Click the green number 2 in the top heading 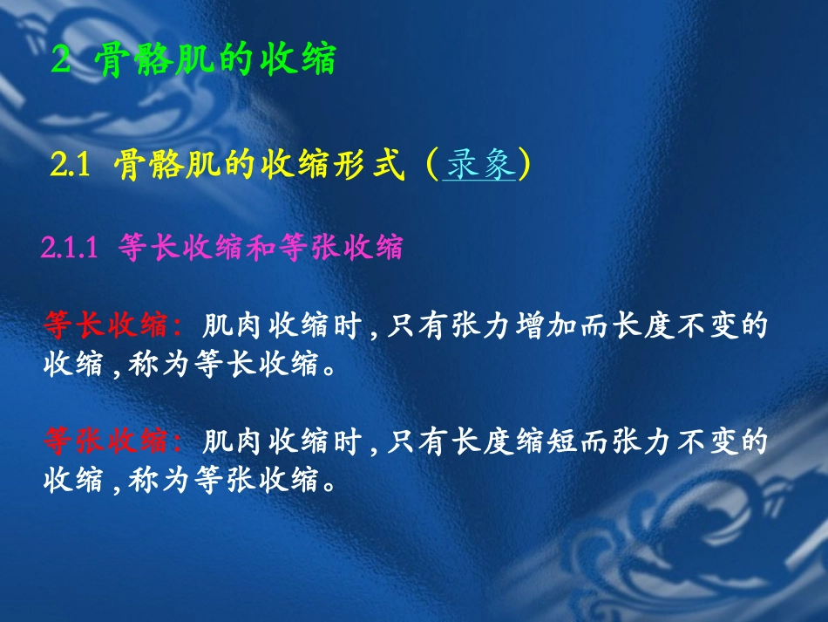[60, 63]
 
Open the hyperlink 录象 [480, 165]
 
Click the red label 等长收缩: [113, 326]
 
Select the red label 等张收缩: [113, 442]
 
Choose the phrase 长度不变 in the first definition [675, 326]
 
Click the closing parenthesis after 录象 [524, 165]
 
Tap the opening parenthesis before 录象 [433, 165]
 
